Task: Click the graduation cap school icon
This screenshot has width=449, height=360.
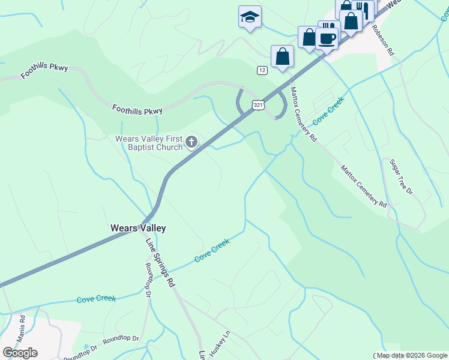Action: pyautogui.click(x=250, y=17)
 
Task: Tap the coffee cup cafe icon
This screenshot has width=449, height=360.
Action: pyautogui.click(x=327, y=38)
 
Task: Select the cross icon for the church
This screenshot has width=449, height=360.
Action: pyautogui.click(x=191, y=142)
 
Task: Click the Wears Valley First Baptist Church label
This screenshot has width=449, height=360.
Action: pyautogui.click(x=148, y=143)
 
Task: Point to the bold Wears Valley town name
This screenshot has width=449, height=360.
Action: pyautogui.click(x=138, y=228)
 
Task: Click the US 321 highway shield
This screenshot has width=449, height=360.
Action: pyautogui.click(x=257, y=104)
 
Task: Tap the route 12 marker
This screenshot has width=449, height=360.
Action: pyautogui.click(x=262, y=70)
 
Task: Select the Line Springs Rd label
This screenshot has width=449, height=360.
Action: pyautogui.click(x=160, y=262)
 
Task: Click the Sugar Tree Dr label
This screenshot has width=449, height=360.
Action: pyautogui.click(x=401, y=176)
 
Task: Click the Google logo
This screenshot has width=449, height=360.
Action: pyautogui.click(x=20, y=352)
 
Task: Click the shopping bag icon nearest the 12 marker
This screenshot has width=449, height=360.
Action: pyautogui.click(x=282, y=57)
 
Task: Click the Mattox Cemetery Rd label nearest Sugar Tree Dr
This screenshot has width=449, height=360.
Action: pyautogui.click(x=364, y=187)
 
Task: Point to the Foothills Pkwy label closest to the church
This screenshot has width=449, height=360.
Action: pyautogui.click(x=137, y=110)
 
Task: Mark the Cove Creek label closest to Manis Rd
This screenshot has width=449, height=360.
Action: pyautogui.click(x=96, y=298)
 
